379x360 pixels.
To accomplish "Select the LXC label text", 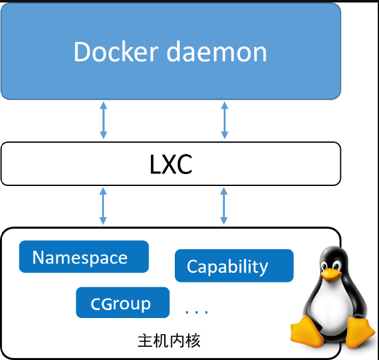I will (x=171, y=164).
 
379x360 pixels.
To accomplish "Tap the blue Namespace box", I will (x=84, y=257).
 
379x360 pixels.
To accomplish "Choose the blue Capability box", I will (x=234, y=266).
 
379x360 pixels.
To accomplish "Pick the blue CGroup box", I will (x=122, y=303).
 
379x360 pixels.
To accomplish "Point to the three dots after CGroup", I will (x=197, y=311).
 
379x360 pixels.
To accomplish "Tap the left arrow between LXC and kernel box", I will (x=104, y=206).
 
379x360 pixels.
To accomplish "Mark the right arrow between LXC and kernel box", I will (x=224, y=206).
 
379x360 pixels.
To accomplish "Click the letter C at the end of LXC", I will (x=183, y=164).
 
